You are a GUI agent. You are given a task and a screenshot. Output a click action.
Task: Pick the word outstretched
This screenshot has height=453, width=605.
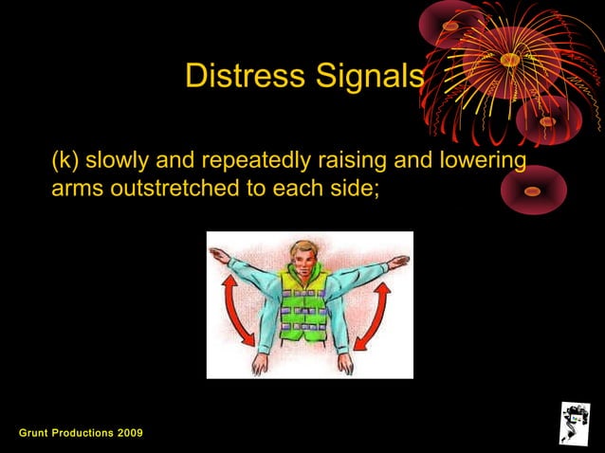[x=176, y=188]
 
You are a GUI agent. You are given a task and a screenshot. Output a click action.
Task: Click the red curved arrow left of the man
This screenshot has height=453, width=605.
[x=236, y=309]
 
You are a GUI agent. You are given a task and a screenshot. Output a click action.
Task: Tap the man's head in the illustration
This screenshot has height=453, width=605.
[x=302, y=259]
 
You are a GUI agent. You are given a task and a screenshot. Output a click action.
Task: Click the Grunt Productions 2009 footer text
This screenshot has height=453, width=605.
[x=82, y=433]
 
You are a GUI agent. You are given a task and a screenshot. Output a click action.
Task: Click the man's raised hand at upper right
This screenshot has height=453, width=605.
[x=400, y=260]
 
